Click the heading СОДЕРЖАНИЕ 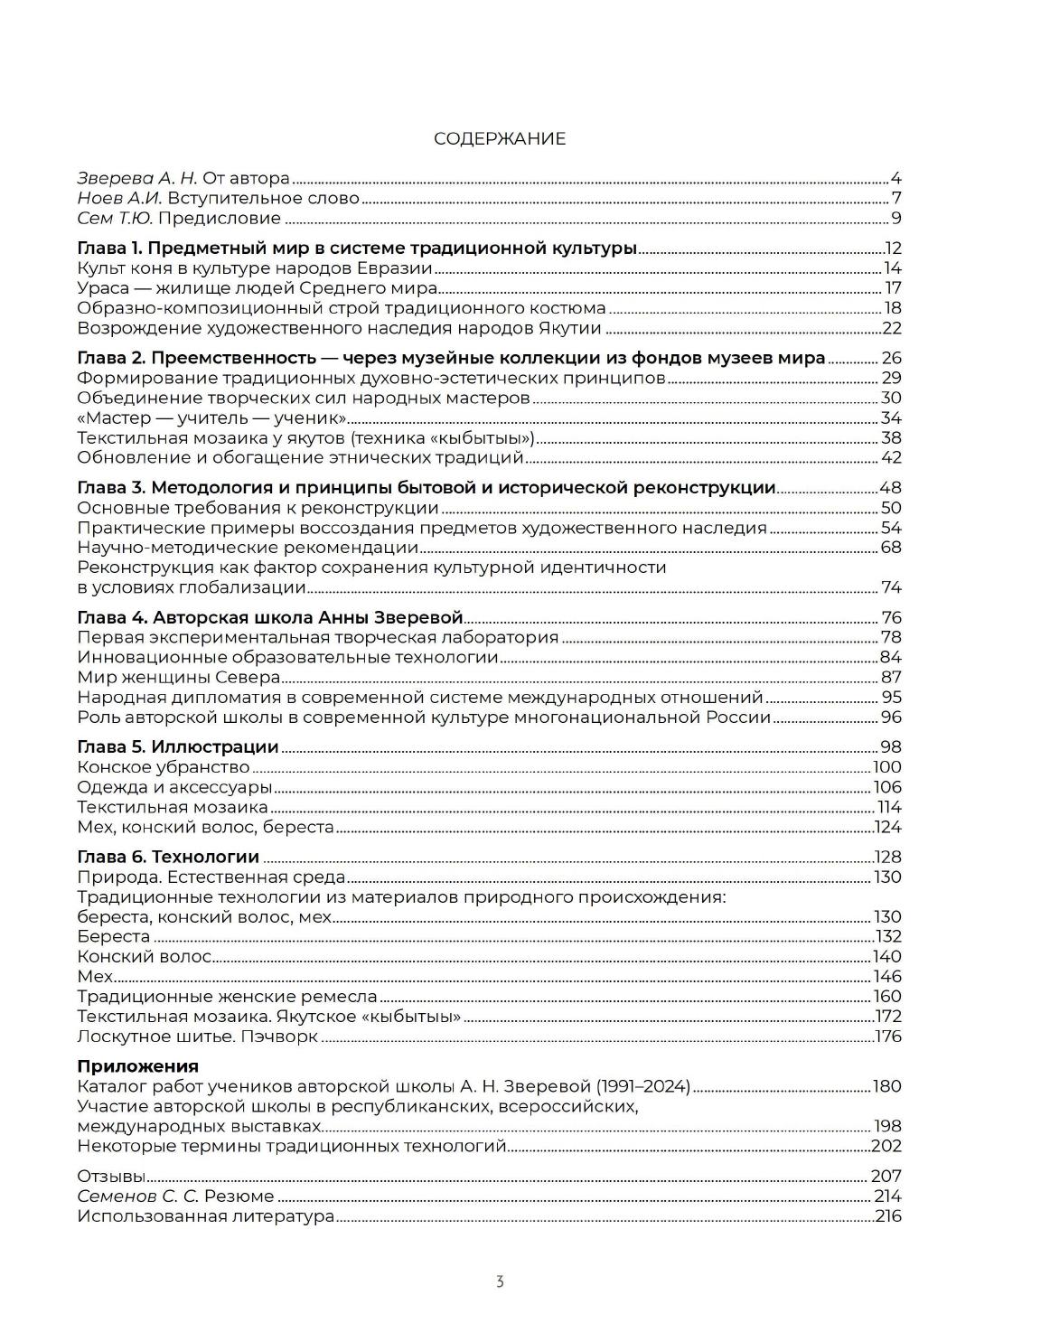[x=500, y=138]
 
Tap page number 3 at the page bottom [x=500, y=1281]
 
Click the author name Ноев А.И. [x=120, y=198]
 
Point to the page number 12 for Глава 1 [x=893, y=249]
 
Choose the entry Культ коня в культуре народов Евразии [x=255, y=268]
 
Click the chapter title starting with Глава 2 [x=451, y=358]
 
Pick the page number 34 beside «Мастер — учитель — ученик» [x=891, y=417]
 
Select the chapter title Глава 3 [x=427, y=488]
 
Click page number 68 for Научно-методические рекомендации [x=891, y=548]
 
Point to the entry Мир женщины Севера [x=178, y=678]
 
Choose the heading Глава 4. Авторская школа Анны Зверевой [x=270, y=618]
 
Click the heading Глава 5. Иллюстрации [x=178, y=747]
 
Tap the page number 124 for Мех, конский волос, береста [x=888, y=827]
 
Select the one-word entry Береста [x=114, y=936]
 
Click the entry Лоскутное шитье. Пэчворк [x=198, y=1037]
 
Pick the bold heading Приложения [x=138, y=1066]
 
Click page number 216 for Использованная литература [x=888, y=1216]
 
